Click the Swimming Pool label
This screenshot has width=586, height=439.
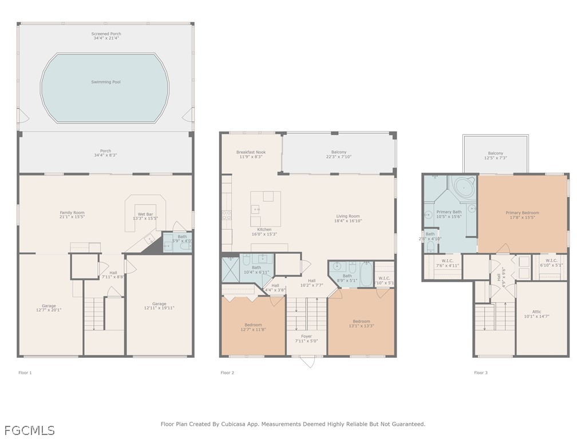[106, 82]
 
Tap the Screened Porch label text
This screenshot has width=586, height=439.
[106, 34]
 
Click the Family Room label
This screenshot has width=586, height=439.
[72, 213]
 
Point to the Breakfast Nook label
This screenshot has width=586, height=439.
[251, 153]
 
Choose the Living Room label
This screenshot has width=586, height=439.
[348, 216]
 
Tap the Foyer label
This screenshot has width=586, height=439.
[306, 336]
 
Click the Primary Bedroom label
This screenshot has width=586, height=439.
[522, 213]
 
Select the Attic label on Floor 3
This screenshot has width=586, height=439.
[537, 311]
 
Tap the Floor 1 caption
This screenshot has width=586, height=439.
[25, 373]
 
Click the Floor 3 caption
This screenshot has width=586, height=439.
[481, 373]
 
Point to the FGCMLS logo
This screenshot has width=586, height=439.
[29, 430]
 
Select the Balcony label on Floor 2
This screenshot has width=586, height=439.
[338, 153]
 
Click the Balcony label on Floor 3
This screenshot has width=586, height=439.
[495, 153]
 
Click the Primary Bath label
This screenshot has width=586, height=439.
[449, 212]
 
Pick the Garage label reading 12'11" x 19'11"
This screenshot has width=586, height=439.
[159, 304]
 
